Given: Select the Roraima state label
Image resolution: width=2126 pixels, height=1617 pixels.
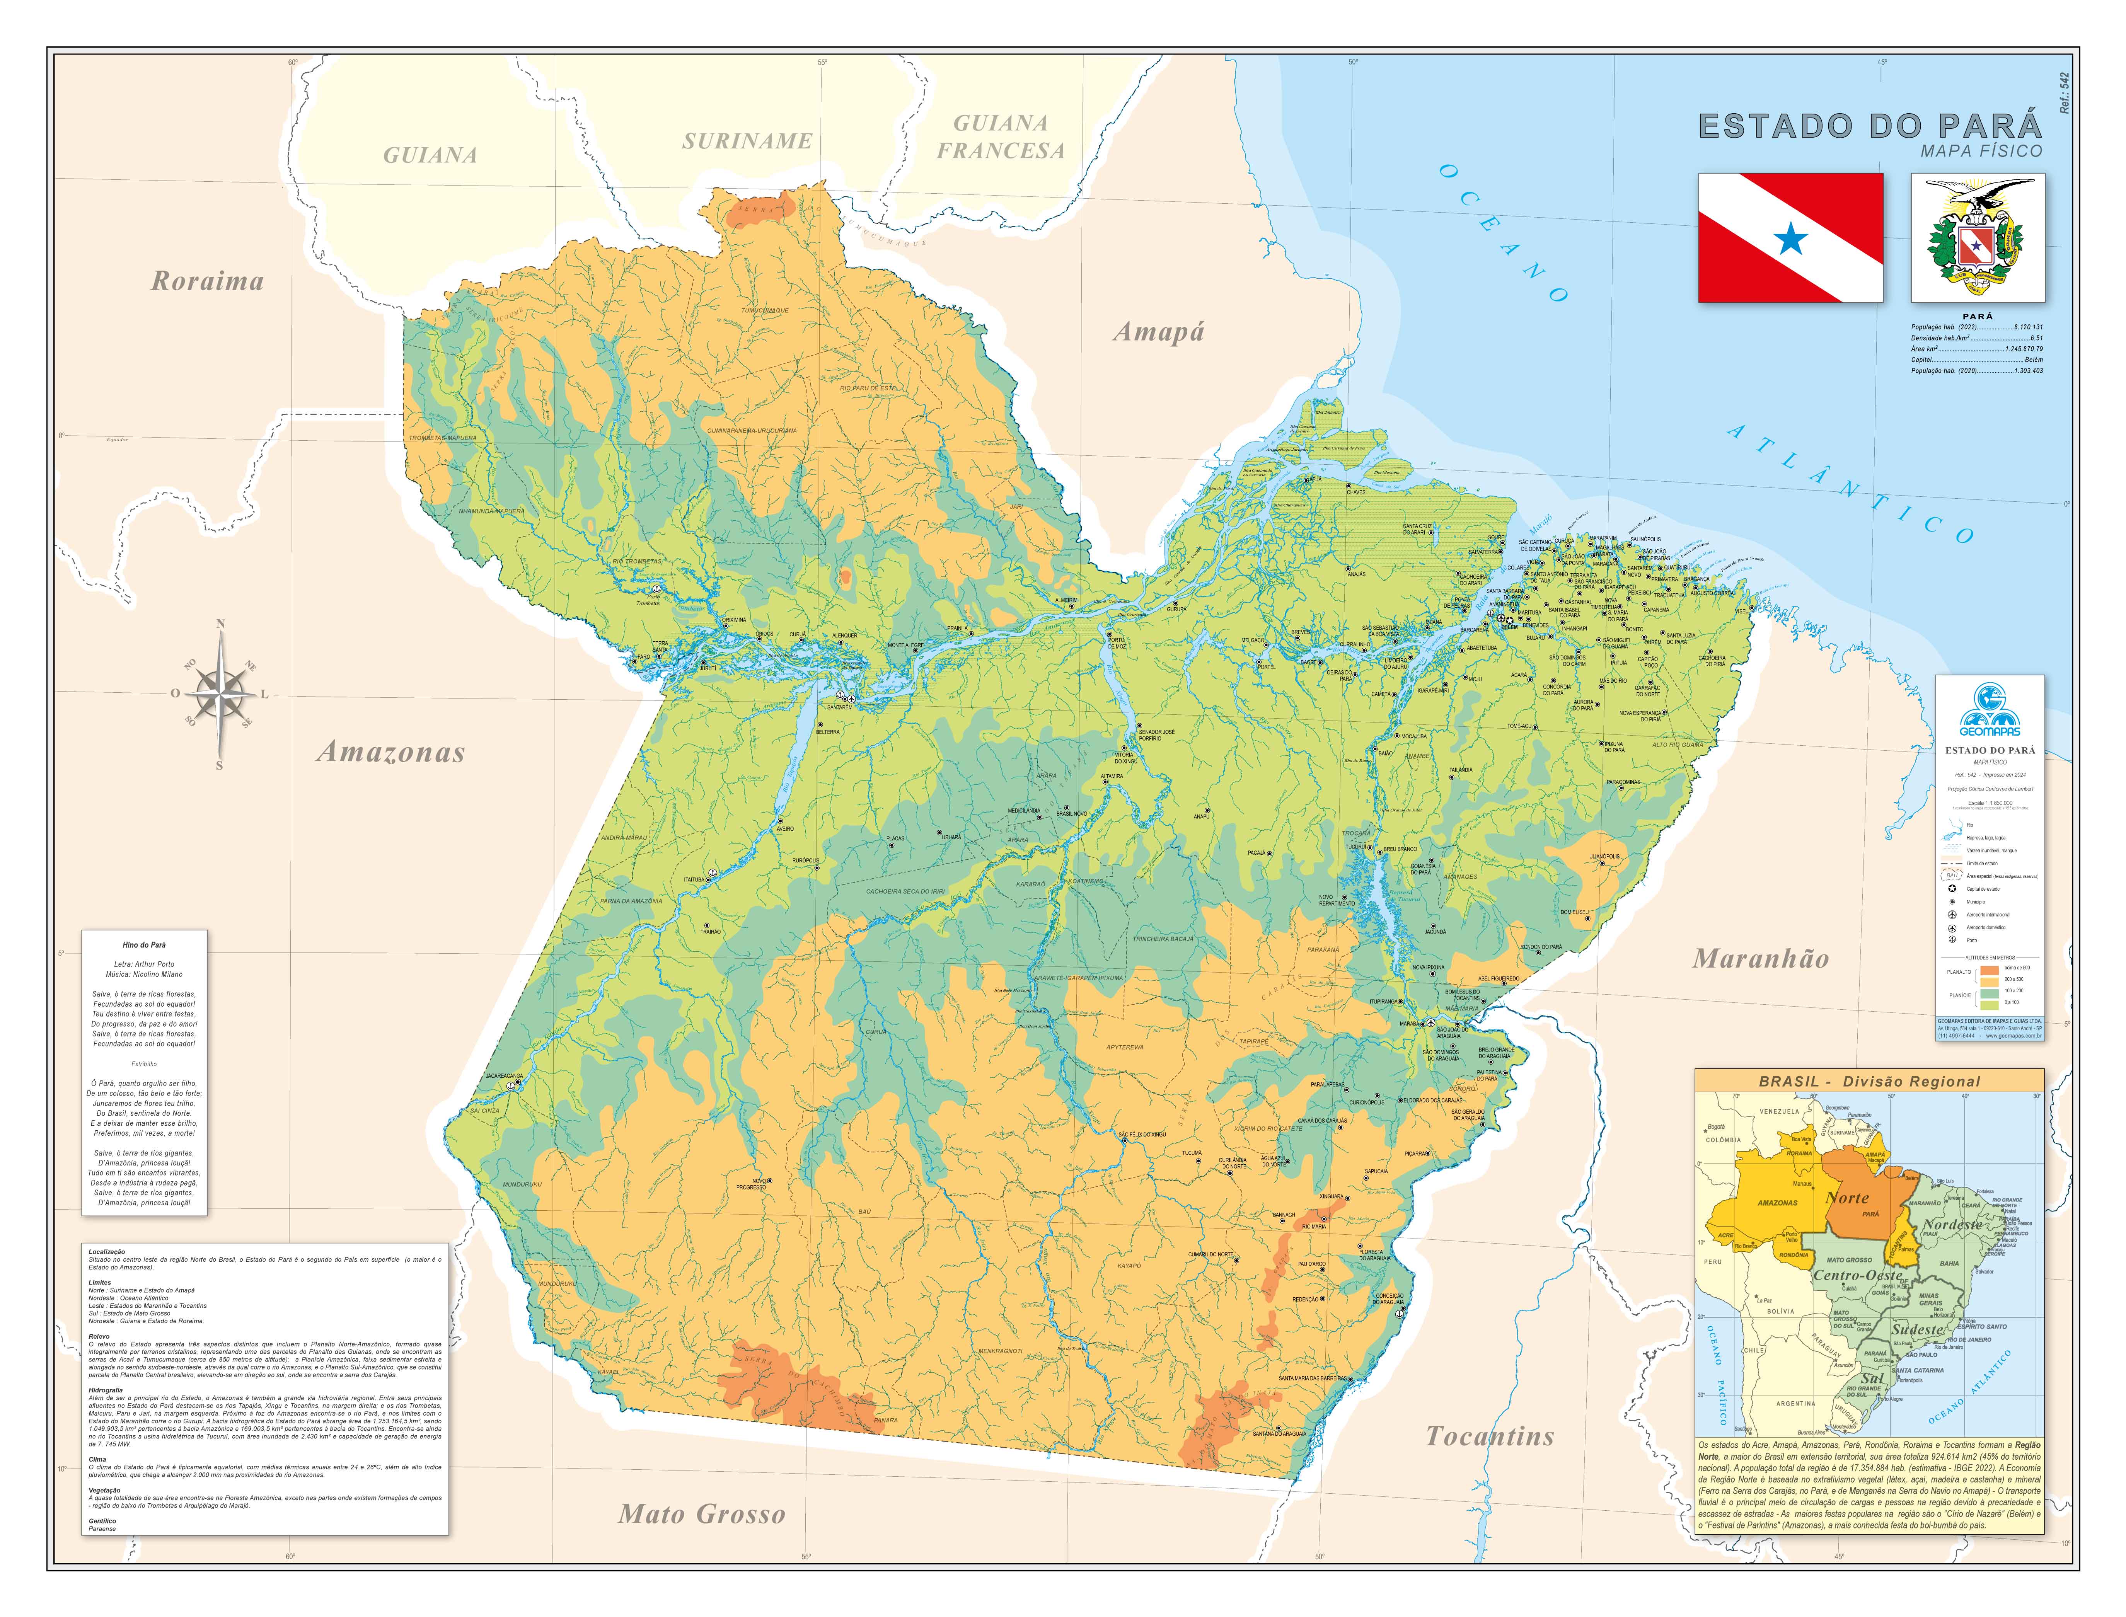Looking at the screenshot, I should point(207,281).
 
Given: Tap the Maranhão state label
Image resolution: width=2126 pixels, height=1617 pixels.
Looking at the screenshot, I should point(1760,959).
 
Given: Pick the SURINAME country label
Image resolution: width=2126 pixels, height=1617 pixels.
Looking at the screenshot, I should point(747,141).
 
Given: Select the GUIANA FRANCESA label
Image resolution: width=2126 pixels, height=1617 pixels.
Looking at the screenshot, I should point(1001,137).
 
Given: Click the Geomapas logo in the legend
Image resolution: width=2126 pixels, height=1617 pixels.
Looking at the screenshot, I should point(1990,712).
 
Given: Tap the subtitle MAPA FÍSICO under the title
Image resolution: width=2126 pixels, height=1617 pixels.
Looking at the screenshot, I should point(1981,151).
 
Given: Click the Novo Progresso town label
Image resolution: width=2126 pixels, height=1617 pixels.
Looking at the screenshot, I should point(751,1184).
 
